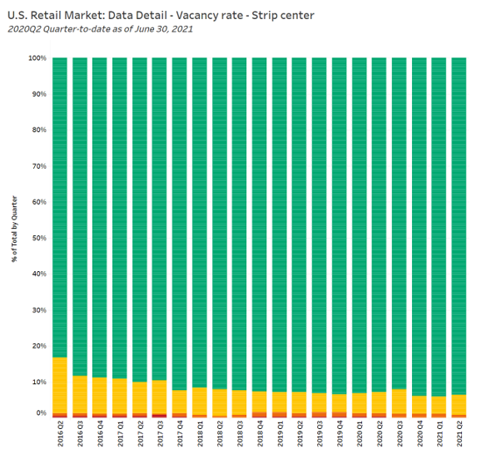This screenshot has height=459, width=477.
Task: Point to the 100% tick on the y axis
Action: pyautogui.click(x=37, y=58)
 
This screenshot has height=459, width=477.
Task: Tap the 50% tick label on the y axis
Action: pyautogui.click(x=39, y=238)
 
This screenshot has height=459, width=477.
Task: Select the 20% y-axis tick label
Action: pyautogui.click(x=39, y=346)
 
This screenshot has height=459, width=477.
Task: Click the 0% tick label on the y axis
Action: pyautogui.click(x=41, y=413)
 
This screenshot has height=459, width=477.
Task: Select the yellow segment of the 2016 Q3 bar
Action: pyautogui.click(x=80, y=394)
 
